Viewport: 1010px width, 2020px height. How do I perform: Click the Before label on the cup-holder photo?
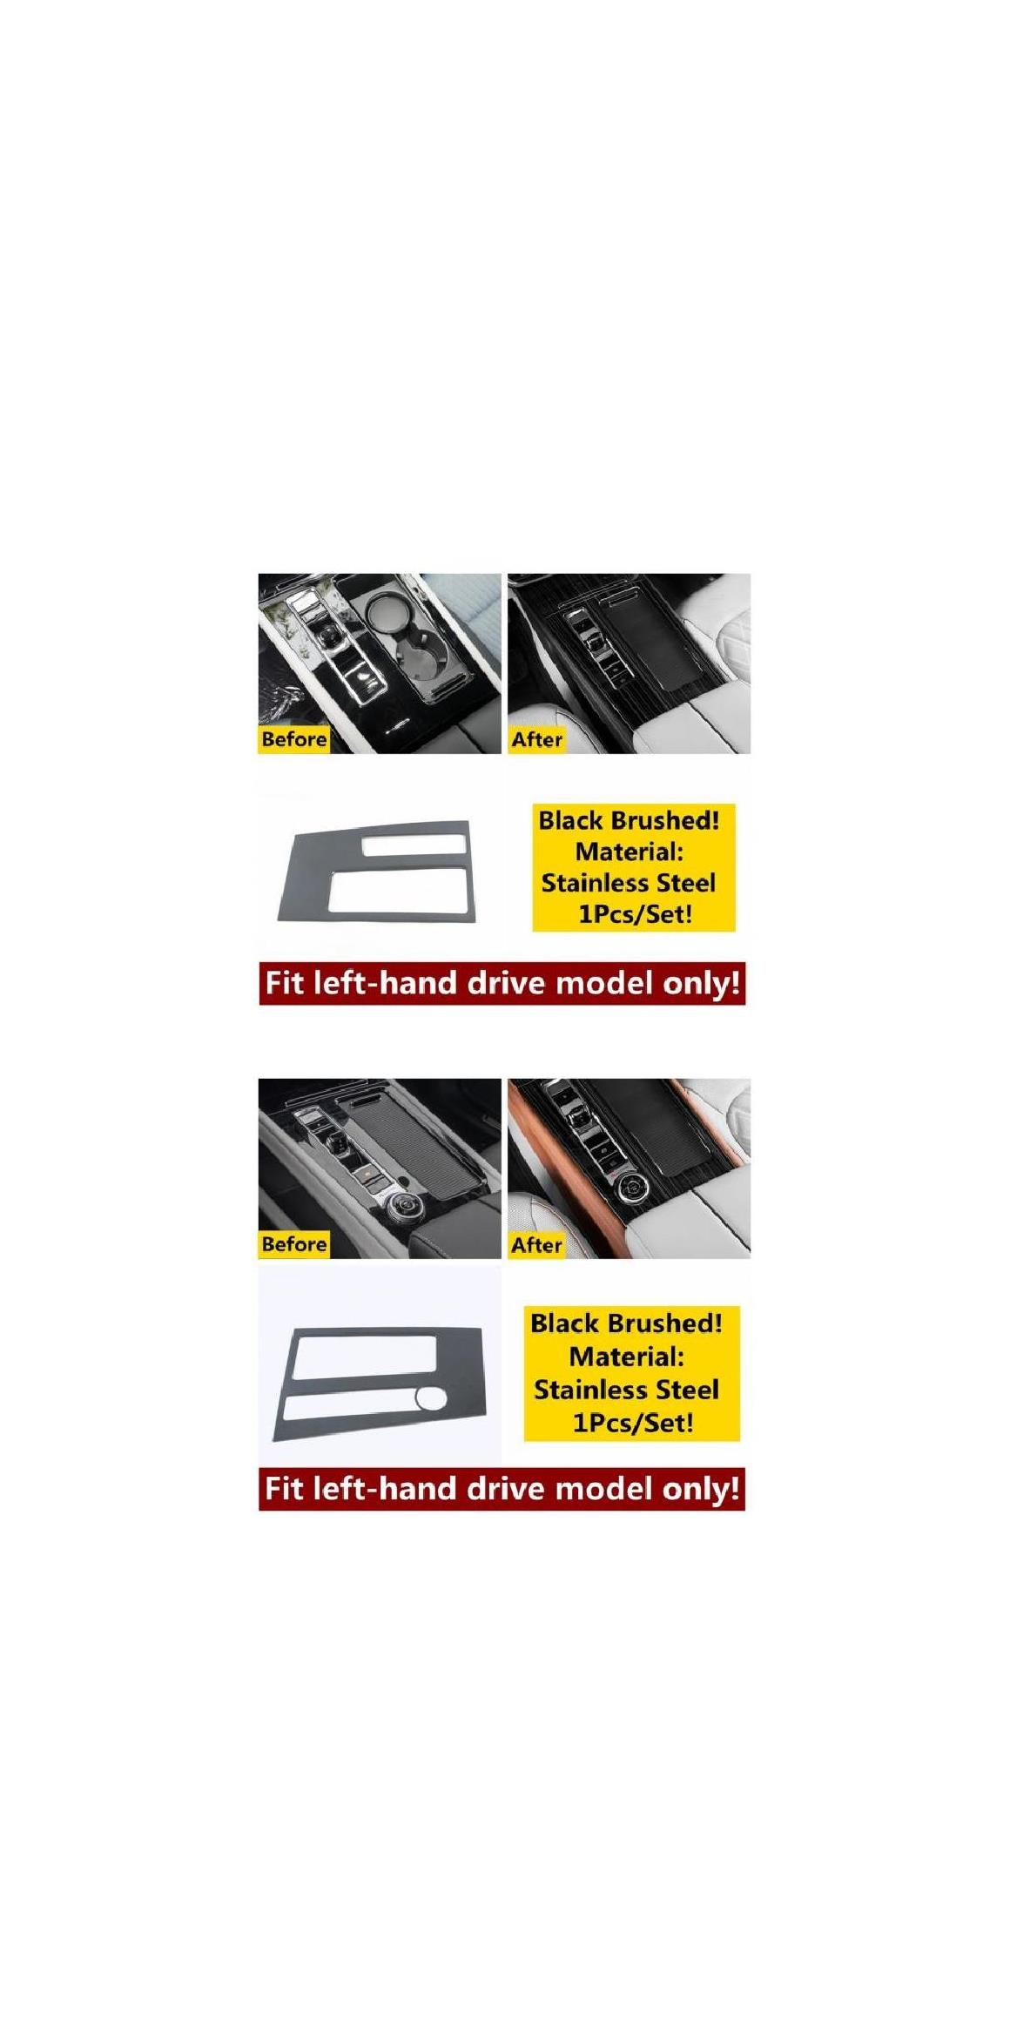[x=294, y=739]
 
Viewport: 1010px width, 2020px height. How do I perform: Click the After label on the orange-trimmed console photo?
[x=536, y=1244]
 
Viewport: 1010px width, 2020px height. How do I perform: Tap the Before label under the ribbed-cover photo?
[x=294, y=1244]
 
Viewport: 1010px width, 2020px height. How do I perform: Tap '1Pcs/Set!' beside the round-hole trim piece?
[x=632, y=1423]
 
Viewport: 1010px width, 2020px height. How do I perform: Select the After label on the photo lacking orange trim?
[x=536, y=739]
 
